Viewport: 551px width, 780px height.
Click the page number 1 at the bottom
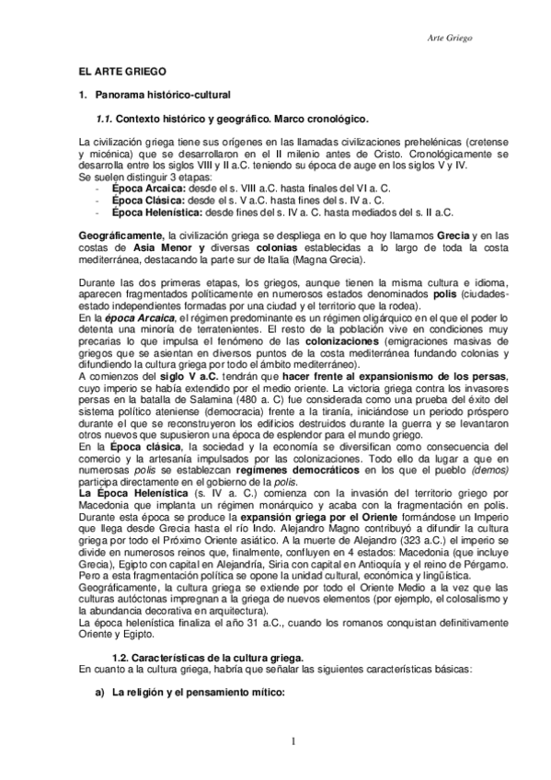pos(292,741)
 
